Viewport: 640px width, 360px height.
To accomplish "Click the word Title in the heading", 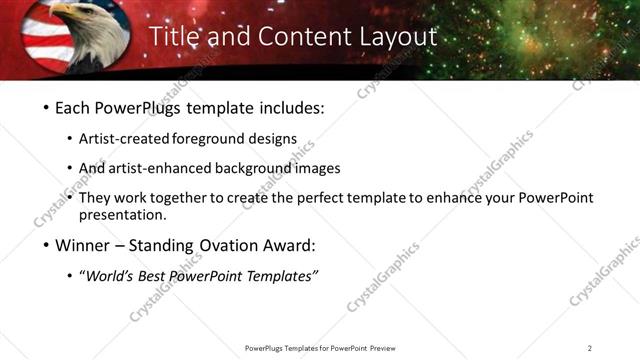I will pos(176,36).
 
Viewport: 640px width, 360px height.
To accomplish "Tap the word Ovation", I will pos(249,245).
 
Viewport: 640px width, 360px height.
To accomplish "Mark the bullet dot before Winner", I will pos(47,246).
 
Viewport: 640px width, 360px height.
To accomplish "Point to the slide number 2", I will pos(590,348).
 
